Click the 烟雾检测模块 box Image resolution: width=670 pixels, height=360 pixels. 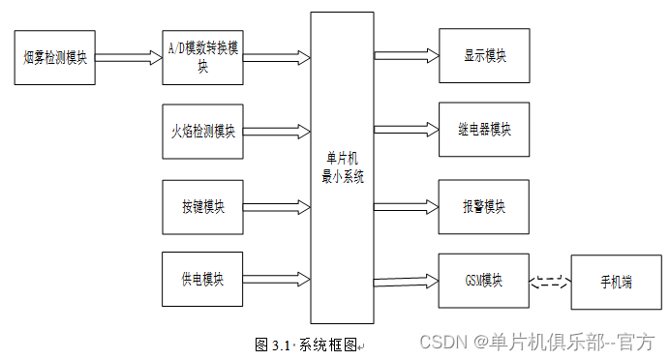54,57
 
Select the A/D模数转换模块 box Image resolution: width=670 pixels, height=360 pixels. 202,57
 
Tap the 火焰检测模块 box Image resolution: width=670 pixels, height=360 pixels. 202,131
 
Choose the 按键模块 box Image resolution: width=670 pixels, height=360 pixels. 202,206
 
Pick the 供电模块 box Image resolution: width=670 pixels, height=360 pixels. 202,280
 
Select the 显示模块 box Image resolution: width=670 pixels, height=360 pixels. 484,55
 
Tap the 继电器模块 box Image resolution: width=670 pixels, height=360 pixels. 484,129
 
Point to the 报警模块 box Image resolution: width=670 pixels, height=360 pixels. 484,206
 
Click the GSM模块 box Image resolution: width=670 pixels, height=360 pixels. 484,281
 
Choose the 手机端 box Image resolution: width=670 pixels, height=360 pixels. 616,283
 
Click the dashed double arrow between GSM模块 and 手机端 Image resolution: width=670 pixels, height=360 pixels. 551,282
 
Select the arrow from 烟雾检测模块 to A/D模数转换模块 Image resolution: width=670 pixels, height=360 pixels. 128,57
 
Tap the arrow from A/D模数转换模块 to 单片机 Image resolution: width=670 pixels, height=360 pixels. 277,57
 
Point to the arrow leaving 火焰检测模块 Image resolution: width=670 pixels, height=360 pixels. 277,131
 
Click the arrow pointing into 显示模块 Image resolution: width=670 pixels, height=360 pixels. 407,55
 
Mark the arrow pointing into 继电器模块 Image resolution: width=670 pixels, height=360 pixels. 407,129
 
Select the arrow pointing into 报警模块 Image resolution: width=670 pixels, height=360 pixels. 407,206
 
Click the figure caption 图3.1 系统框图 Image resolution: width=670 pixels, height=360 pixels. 308,345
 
